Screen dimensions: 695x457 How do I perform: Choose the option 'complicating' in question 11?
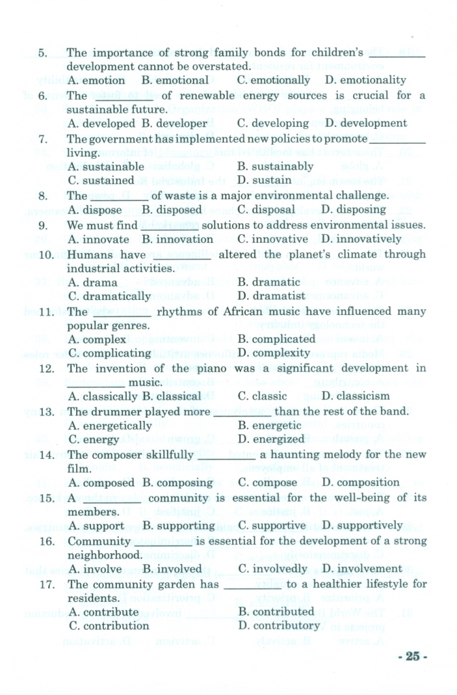click(117, 353)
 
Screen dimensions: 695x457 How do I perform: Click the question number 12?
click(47, 369)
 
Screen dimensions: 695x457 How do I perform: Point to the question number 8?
click(43, 196)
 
